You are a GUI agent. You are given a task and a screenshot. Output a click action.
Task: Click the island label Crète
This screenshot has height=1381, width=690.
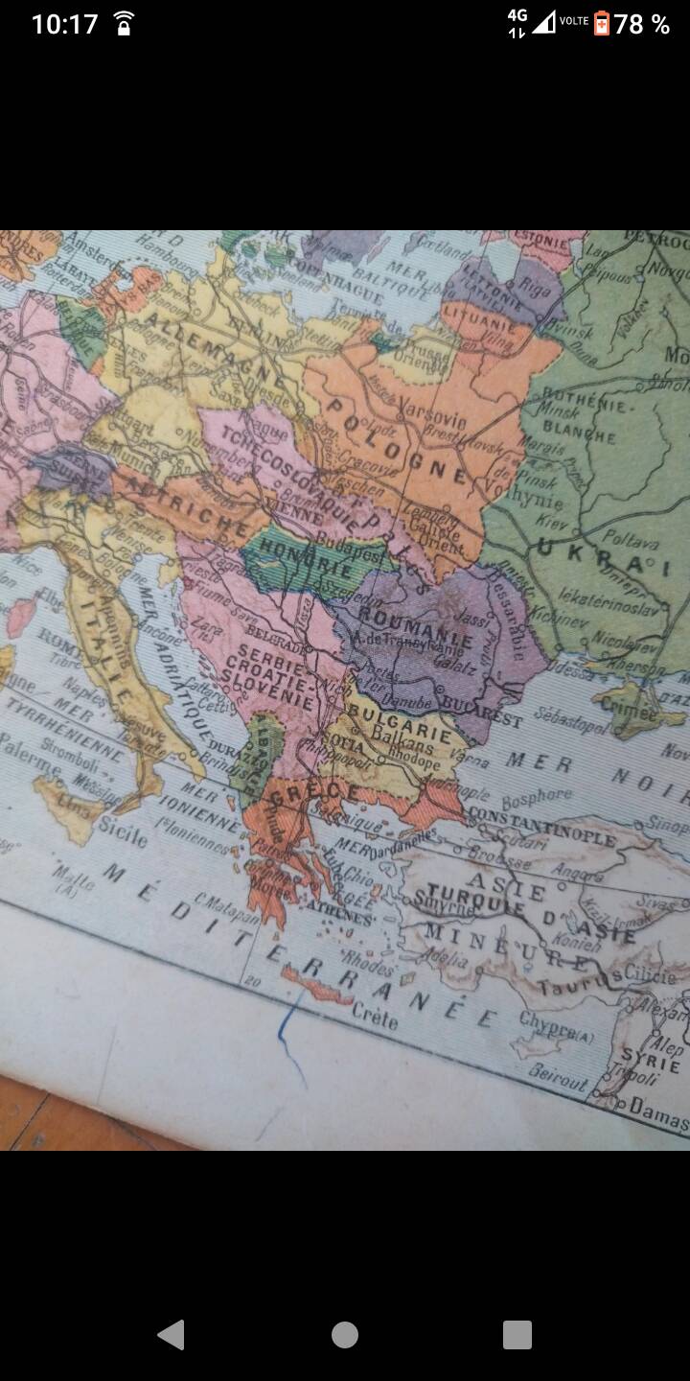click(x=375, y=1018)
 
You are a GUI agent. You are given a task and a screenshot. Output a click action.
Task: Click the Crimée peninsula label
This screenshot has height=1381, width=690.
click(x=629, y=712)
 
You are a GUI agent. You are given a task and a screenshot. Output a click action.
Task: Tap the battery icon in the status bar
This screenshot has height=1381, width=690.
click(x=602, y=23)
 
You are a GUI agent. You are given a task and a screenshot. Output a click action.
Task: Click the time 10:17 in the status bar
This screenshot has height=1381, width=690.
click(x=64, y=24)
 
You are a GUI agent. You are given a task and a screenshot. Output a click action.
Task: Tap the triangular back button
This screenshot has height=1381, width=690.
click(x=171, y=1334)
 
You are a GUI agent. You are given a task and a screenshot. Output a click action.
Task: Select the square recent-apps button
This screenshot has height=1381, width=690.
click(x=517, y=1334)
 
